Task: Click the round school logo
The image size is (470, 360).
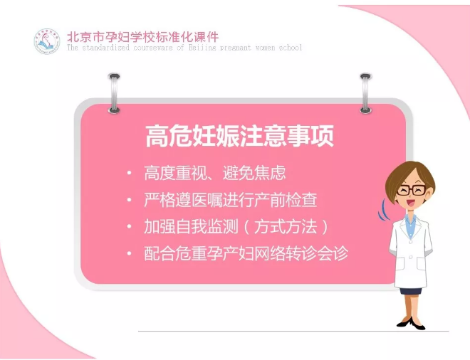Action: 47,41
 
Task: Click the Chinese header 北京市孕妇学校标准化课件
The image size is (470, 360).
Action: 143,37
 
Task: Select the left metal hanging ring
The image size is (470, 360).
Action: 114,93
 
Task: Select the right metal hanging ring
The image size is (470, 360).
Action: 365,93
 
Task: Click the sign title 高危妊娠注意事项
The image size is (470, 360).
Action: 239,136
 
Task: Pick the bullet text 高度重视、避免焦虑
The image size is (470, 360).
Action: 215,173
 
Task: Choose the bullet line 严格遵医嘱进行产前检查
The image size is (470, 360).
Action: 231,200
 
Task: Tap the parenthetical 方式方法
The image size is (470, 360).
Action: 286,227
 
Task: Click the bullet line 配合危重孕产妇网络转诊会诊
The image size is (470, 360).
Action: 246,253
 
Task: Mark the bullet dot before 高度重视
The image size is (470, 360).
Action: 129,173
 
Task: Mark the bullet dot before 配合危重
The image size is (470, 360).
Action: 129,253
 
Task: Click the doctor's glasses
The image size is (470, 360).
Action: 412,190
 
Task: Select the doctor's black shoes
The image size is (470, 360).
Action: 411,324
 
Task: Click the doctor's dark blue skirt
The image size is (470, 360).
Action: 410,290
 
